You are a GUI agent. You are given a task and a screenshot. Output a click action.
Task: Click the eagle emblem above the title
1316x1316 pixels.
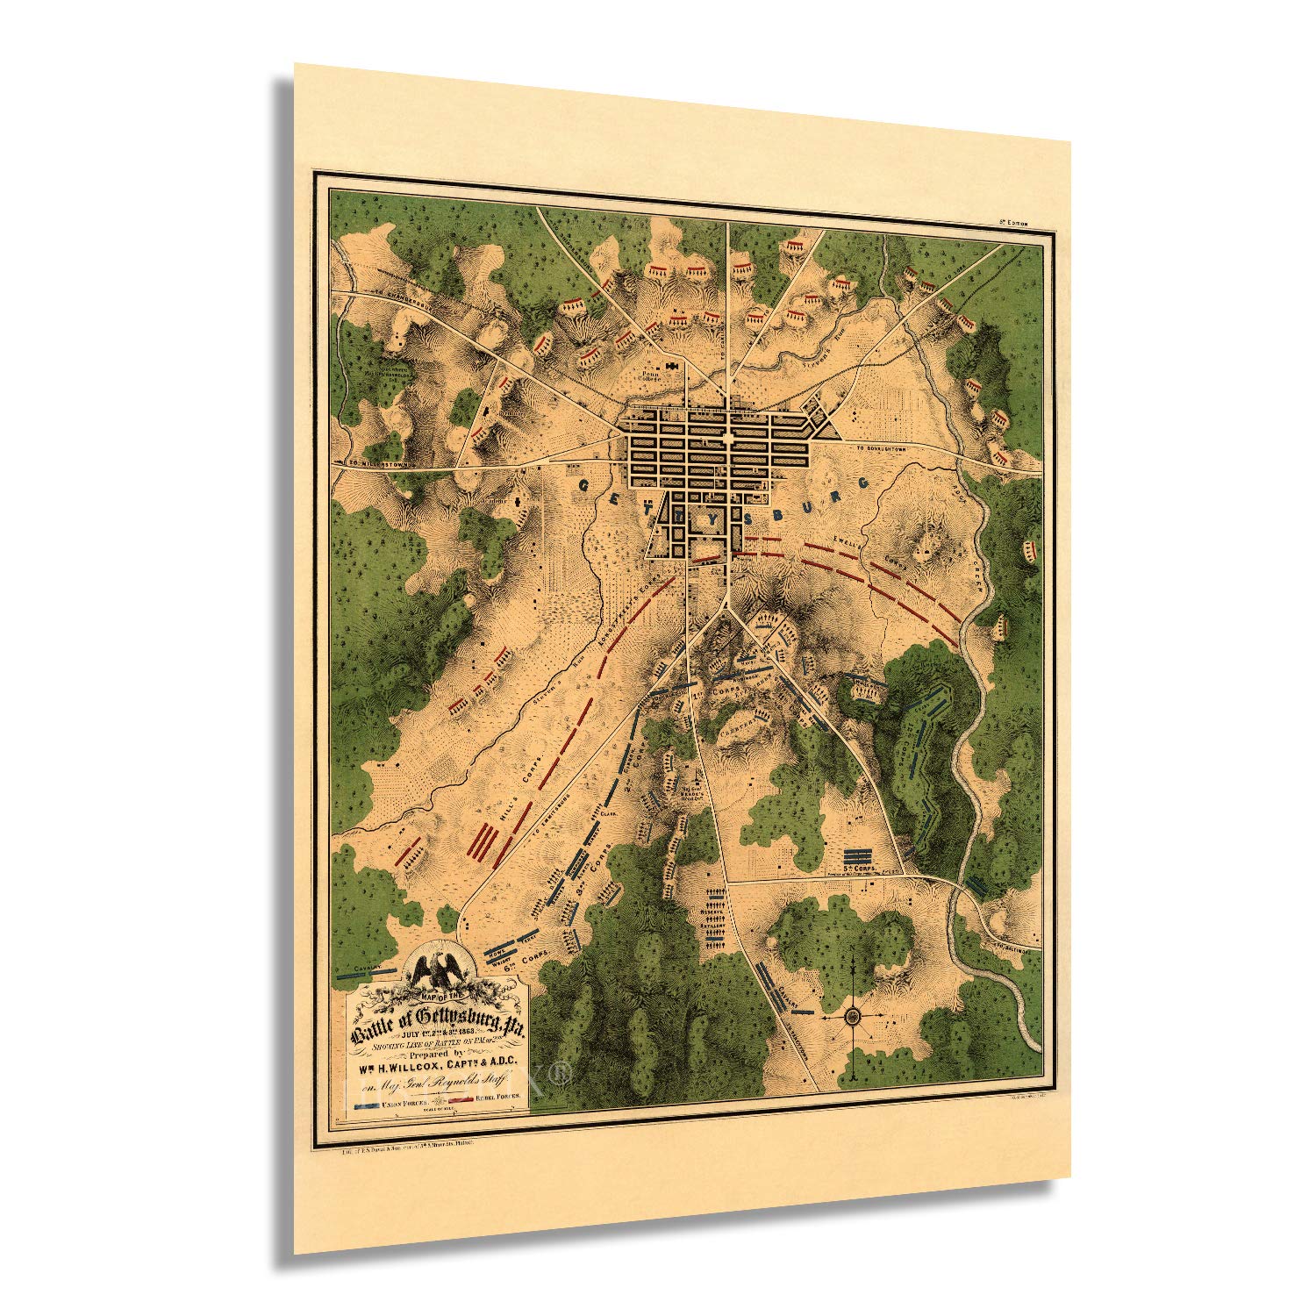pyautogui.click(x=439, y=970)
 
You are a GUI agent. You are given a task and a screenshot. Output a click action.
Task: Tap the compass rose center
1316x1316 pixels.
pyautogui.click(x=853, y=1017)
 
